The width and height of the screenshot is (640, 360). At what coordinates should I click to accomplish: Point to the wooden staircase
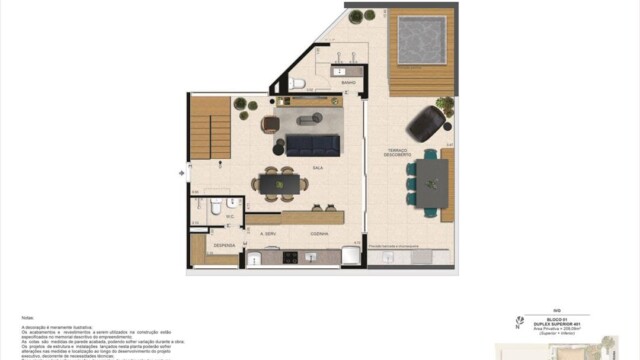(210, 130)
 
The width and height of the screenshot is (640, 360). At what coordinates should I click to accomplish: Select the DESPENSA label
(223, 244)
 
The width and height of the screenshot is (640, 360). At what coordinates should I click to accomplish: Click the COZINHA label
(320, 233)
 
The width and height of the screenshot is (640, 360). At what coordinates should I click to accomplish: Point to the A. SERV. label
(267, 233)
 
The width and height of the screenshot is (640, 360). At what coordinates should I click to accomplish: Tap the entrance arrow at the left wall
(181, 174)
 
